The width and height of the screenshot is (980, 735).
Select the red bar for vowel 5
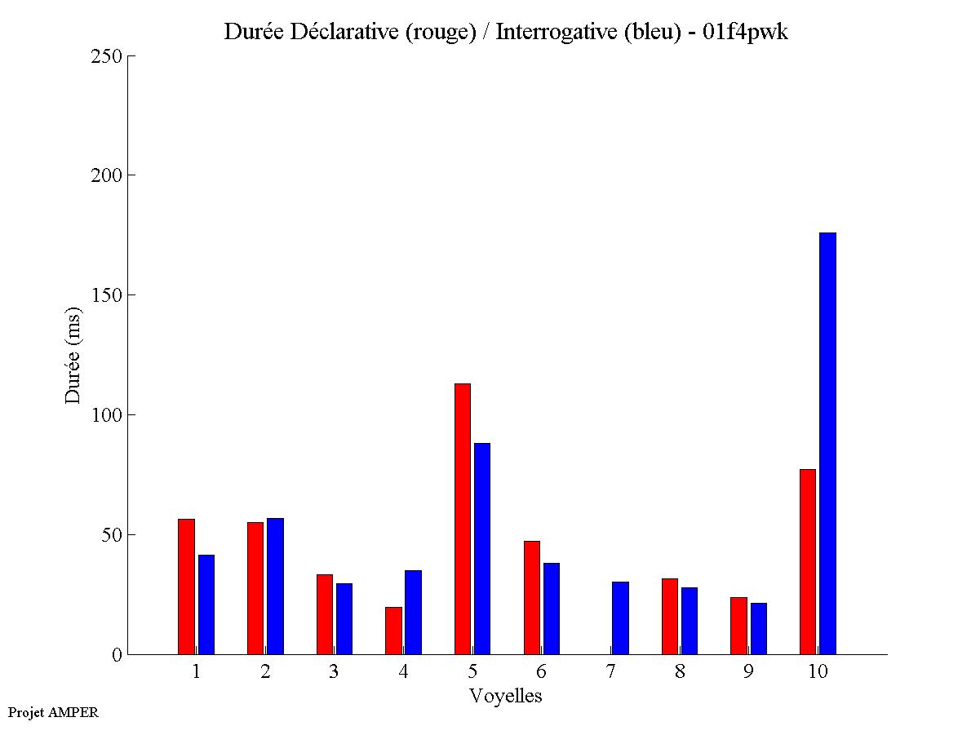click(463, 519)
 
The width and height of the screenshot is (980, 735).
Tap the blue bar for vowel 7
click(620, 618)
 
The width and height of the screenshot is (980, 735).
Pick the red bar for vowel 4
click(393, 631)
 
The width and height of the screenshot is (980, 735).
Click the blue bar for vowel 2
click(275, 586)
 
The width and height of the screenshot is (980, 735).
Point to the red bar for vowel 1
click(186, 587)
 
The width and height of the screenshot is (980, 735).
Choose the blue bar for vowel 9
click(759, 628)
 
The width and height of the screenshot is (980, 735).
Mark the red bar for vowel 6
click(531, 597)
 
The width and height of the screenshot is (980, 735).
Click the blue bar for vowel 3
click(344, 618)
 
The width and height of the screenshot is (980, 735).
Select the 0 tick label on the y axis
click(116, 655)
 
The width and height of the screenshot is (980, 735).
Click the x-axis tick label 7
click(611, 672)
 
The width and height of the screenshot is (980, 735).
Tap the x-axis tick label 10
click(818, 672)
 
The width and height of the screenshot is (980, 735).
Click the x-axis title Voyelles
click(506, 696)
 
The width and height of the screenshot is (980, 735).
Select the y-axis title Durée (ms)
click(73, 355)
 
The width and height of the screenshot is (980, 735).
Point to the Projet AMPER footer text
click(53, 712)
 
